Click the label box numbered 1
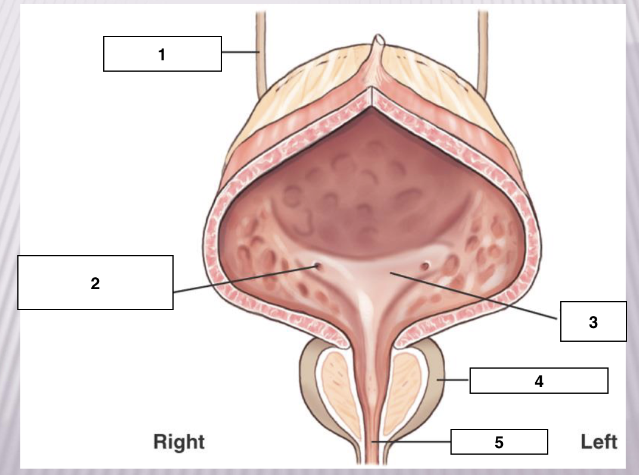point(162,54)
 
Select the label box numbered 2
point(95,283)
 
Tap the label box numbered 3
point(593,321)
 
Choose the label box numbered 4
point(539,381)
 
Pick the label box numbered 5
point(499,442)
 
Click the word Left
point(598,442)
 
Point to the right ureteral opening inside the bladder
point(317,266)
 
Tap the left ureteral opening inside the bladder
point(425,266)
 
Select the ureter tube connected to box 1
point(261,53)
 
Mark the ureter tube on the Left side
point(483,53)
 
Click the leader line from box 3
point(474,295)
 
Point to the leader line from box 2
point(245,279)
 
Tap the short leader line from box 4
point(453,380)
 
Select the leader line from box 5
point(410,442)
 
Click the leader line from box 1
point(240,52)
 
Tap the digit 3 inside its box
point(593,322)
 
